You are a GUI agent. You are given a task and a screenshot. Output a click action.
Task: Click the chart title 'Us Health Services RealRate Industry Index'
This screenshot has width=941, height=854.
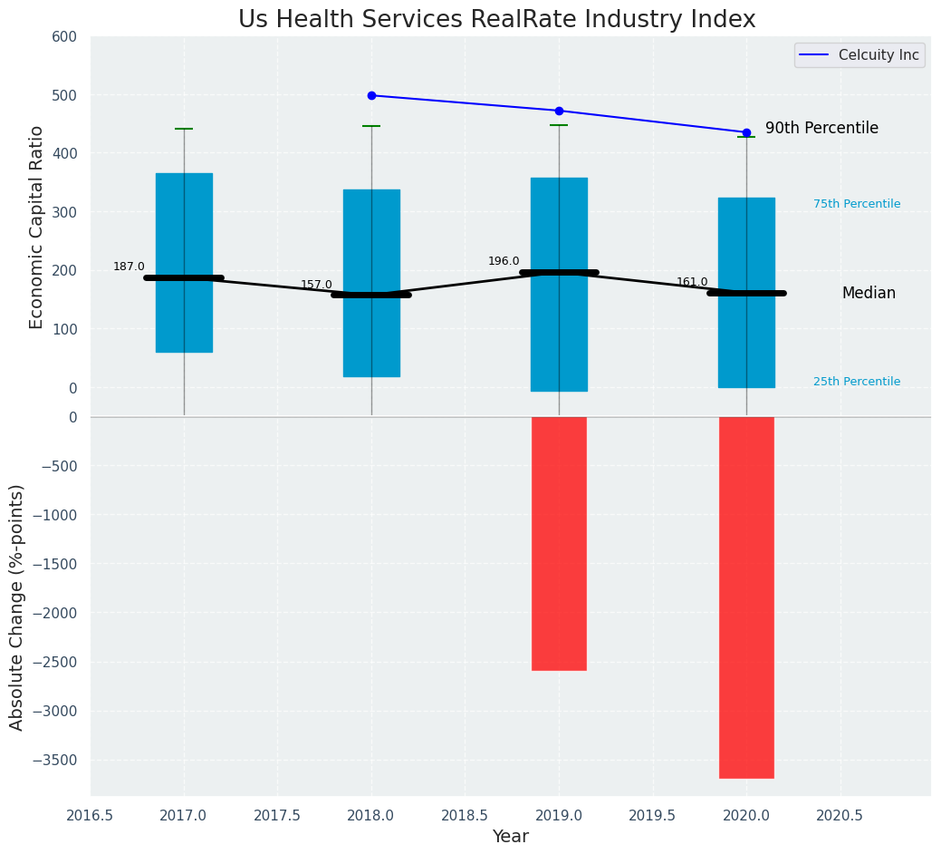coord(496,20)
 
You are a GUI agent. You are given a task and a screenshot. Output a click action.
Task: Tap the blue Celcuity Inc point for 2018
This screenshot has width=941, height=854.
coord(371,95)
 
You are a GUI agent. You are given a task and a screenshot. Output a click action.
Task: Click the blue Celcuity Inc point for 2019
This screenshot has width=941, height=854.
coord(559,111)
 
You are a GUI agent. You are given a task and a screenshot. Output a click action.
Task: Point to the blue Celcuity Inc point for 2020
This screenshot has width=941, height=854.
coord(746,132)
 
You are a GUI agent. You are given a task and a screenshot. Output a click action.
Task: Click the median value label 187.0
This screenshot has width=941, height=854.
coord(129,267)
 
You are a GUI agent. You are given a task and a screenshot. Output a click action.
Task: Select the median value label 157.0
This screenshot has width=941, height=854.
coord(316,285)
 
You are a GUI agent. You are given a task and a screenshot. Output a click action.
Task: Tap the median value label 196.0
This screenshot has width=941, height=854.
coord(504,261)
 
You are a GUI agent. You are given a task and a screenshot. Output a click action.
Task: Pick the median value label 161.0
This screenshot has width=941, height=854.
coord(692,282)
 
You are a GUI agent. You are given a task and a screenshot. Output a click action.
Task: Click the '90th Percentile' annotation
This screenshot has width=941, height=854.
coord(821,129)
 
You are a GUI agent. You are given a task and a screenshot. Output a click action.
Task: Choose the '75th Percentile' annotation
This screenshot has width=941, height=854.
coord(857,204)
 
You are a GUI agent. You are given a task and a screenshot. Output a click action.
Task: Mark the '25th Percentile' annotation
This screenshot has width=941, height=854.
coord(857,382)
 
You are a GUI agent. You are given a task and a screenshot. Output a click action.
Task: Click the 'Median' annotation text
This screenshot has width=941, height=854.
coord(869,294)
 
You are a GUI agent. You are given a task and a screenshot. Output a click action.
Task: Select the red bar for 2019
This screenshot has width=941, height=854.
coord(559,543)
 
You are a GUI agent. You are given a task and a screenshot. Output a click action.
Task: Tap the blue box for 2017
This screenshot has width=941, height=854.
coord(184,227)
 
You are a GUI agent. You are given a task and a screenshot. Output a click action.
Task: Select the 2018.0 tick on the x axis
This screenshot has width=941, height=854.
coord(371,815)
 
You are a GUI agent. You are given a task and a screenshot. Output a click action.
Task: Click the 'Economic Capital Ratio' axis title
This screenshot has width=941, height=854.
coord(37,227)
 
